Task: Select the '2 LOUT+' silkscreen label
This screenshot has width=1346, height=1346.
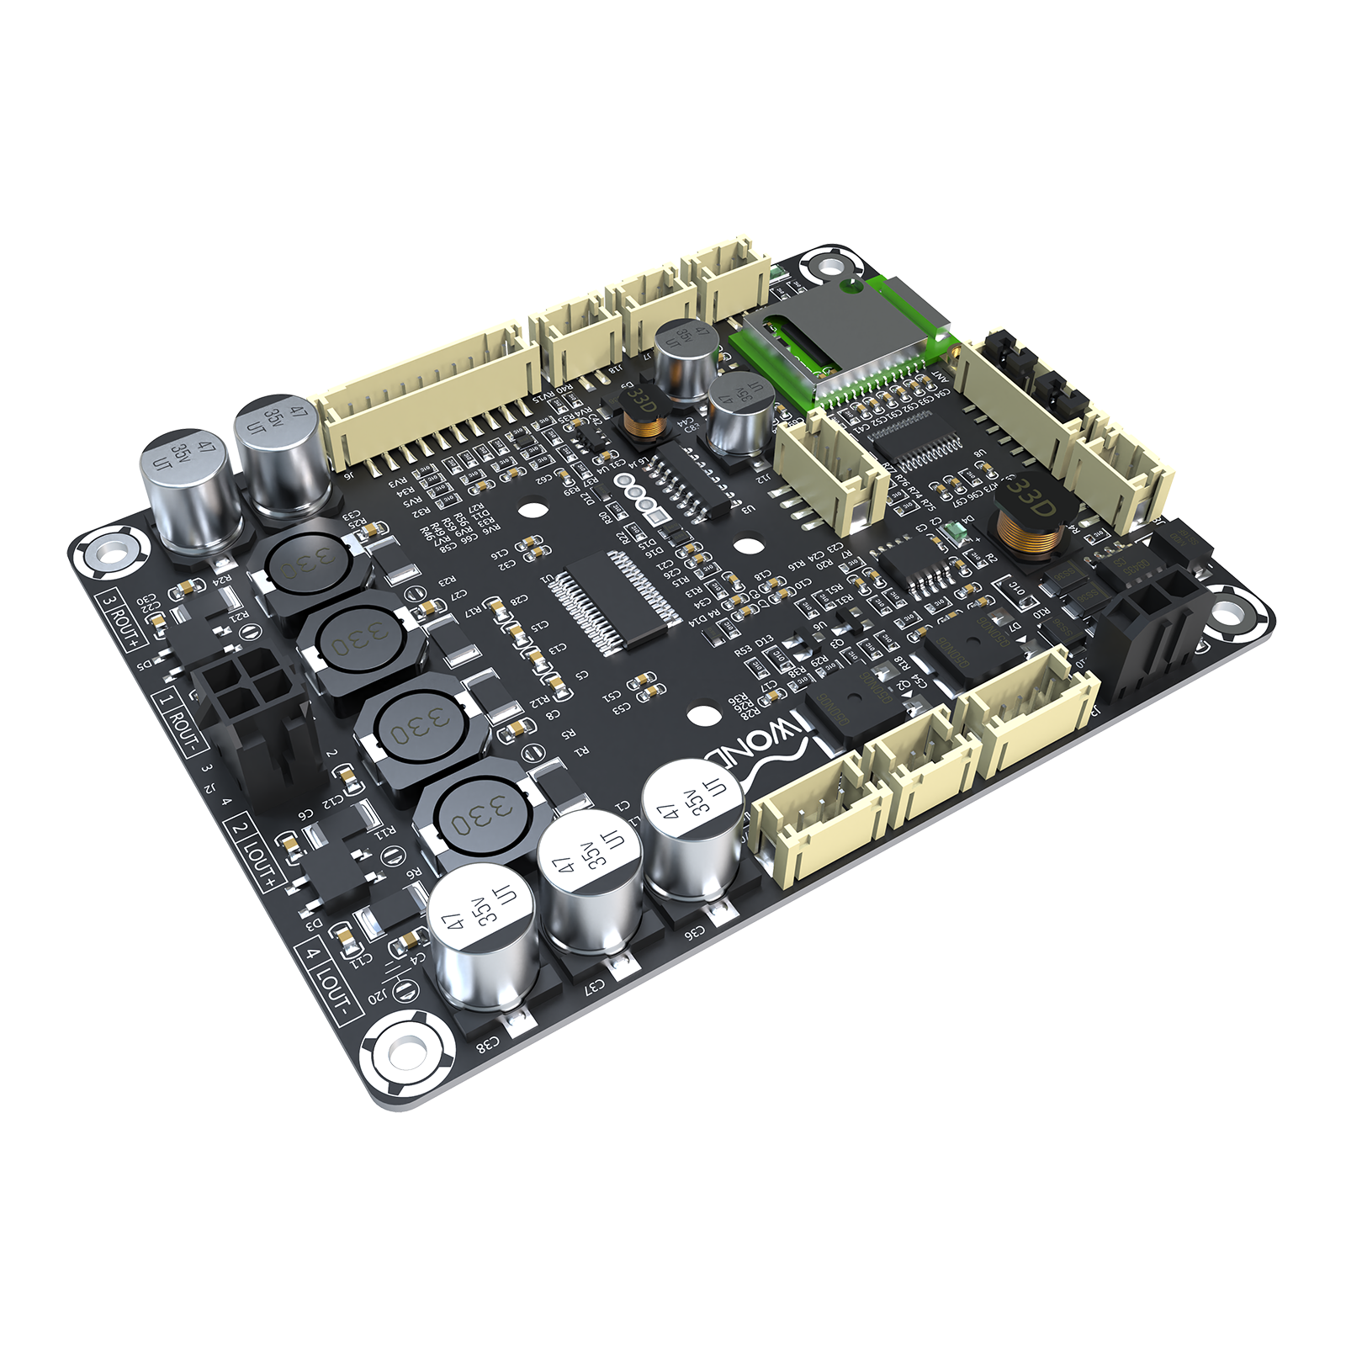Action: (254, 851)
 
